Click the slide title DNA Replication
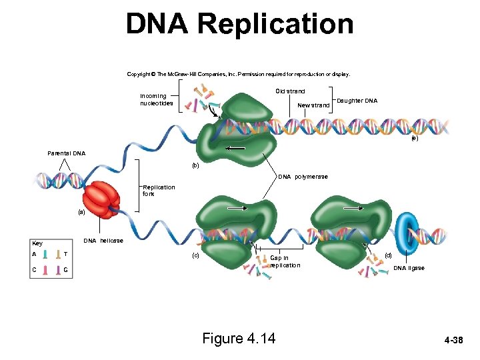coord(239,24)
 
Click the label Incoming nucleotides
coord(157,99)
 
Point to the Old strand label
coord(290,91)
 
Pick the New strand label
coord(313,105)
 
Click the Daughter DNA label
coord(357,101)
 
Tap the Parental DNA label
coord(66,153)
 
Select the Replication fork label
coord(159,190)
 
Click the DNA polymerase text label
coord(303,177)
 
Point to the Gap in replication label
coord(285,261)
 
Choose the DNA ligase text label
coord(409,268)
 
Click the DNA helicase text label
coord(103,240)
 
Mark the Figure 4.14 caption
coord(239,339)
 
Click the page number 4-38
coord(453,341)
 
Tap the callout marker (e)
coord(415,138)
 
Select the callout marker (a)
coord(81,212)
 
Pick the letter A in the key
coord(33,254)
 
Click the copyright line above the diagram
coord(238,74)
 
